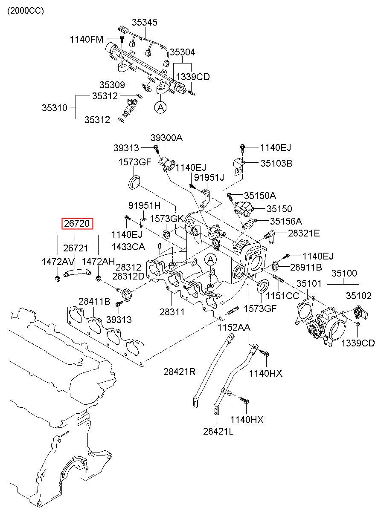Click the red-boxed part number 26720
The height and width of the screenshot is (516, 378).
[77, 223]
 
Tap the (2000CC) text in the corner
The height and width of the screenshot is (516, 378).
[25, 11]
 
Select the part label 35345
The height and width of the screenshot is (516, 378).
[144, 22]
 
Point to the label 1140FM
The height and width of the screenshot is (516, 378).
[87, 39]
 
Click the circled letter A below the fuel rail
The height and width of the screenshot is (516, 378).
[160, 107]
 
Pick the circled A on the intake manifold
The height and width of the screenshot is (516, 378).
[211, 259]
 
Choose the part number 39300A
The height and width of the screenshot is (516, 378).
[166, 138]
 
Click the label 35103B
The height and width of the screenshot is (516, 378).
[276, 163]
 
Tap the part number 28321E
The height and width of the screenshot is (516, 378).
[304, 233]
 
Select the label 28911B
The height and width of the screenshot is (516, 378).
[306, 267]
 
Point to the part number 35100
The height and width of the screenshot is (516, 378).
[344, 273]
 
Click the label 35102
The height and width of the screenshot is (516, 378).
[359, 296]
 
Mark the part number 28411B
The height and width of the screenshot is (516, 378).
[94, 301]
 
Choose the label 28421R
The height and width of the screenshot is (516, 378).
[179, 372]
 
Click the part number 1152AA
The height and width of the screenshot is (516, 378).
[234, 327]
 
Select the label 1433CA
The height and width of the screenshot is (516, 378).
[128, 247]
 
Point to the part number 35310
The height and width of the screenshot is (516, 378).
[55, 108]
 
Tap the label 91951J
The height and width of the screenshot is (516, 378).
[209, 177]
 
